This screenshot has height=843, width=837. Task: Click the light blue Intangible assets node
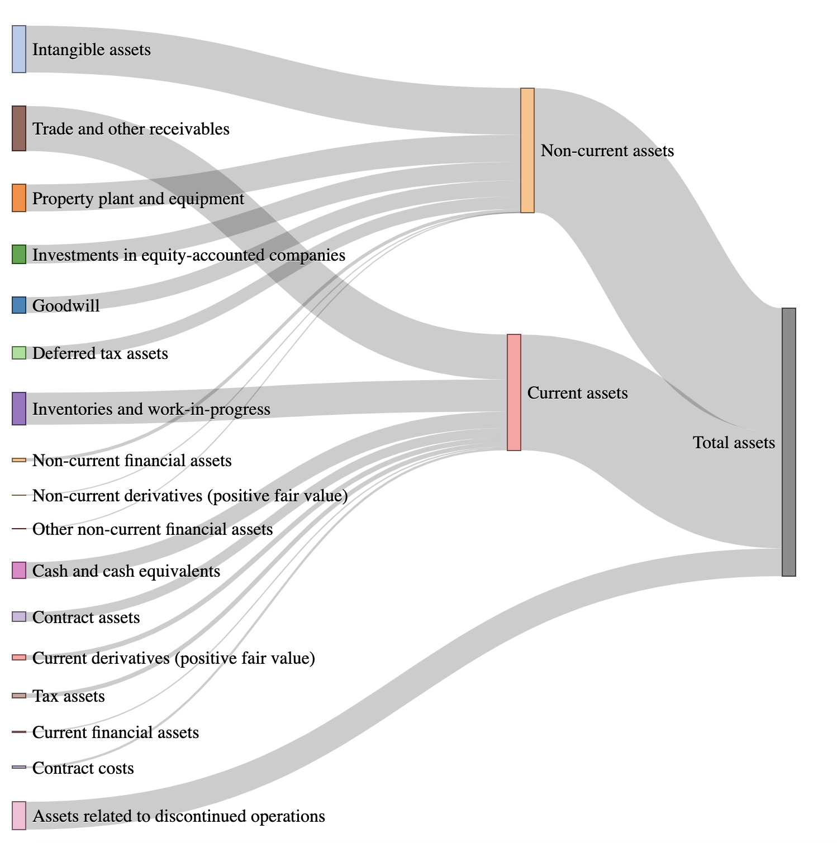[x=19, y=49]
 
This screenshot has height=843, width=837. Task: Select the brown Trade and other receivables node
[x=19, y=128]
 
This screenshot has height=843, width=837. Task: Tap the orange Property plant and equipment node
[x=19, y=198]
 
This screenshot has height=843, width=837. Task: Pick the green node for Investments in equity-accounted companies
[x=19, y=254]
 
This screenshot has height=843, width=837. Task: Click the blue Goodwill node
[x=19, y=305]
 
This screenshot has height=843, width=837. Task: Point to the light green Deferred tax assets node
[x=19, y=353]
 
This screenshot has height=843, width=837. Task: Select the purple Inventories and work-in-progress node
[x=19, y=409]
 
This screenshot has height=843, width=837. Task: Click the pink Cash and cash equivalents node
[x=19, y=571]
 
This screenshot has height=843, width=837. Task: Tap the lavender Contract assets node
[x=19, y=617]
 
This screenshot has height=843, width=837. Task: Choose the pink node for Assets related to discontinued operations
[x=19, y=816]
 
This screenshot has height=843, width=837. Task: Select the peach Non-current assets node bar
[x=527, y=150]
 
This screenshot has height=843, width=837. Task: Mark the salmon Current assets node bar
[x=513, y=392]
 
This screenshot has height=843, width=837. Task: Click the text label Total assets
[x=734, y=443]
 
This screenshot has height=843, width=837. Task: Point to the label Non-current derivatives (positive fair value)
[x=190, y=496]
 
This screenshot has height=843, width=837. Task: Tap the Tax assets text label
[x=69, y=696]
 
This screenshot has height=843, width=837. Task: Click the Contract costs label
[x=83, y=768]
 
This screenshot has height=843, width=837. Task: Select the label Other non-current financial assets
[x=153, y=529]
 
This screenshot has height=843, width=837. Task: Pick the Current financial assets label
[x=116, y=732]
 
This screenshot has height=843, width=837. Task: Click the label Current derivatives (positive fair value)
[x=174, y=658]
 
